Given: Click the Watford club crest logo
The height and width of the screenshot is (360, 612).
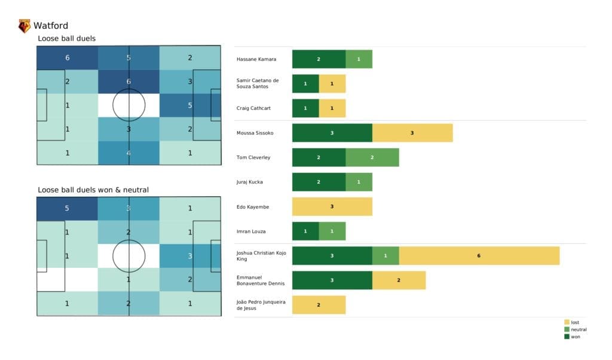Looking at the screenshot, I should pos(25,26).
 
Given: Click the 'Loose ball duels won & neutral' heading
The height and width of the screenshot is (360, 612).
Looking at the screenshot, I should pos(93,190).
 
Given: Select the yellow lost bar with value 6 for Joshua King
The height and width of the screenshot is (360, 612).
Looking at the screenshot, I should pos(479,256).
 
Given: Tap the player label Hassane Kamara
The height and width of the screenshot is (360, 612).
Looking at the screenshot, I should pos(256,59).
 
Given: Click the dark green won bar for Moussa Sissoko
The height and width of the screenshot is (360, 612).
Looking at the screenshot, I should pos(332,133).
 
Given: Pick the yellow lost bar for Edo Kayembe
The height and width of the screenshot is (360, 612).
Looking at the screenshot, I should pos(332,206).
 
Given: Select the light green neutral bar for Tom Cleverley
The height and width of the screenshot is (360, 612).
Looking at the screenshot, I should pos(372,157).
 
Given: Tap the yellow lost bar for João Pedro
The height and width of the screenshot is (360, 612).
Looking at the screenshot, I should pos(319,305).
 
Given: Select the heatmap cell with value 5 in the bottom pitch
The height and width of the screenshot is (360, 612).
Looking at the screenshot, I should pos(67,209).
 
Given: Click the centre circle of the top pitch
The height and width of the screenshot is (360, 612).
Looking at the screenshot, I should pos(128,105).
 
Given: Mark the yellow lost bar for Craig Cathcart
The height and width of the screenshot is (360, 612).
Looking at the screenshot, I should pos(332,108).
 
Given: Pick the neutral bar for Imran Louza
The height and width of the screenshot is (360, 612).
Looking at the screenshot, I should pos(332,231).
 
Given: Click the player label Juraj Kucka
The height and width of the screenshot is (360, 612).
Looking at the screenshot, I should pos(250,182).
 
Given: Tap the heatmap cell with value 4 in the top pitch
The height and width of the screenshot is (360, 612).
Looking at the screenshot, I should pos(128,152).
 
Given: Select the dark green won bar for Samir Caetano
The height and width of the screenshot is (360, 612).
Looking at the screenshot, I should pos(305,84).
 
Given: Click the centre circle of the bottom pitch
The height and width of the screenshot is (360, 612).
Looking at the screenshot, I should pos(128,256).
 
